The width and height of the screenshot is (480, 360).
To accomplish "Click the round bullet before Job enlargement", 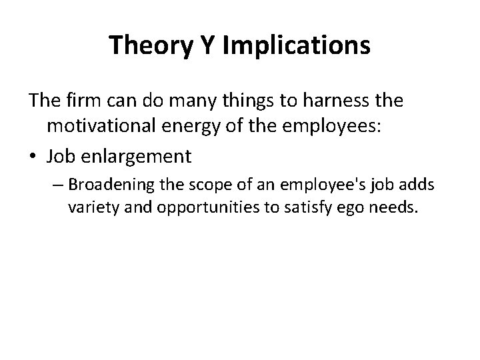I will point(33,157).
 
